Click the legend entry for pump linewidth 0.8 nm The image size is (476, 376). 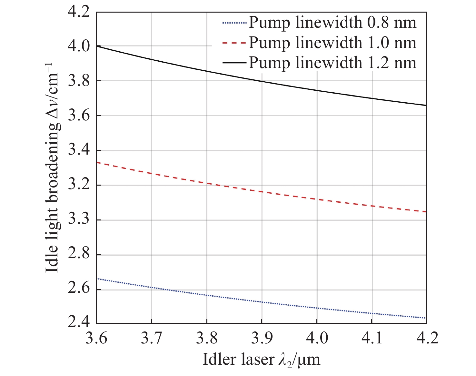332,23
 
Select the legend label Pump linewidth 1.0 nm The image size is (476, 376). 332,43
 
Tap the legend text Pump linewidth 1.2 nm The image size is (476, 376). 332,63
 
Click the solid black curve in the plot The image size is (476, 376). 262,81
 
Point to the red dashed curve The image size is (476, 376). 262,192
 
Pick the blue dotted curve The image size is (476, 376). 262,302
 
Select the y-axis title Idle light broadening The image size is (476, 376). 53,168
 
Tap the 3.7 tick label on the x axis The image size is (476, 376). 151,338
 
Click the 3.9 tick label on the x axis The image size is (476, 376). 262,338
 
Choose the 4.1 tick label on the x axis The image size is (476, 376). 372,338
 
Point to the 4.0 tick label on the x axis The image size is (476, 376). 317,338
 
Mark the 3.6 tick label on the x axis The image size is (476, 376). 96,338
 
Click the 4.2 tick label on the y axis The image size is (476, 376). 78,12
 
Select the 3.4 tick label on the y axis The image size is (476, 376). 78,150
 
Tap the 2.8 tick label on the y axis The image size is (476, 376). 78,255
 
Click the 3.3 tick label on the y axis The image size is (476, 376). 78,220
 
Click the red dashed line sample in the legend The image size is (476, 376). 234,43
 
